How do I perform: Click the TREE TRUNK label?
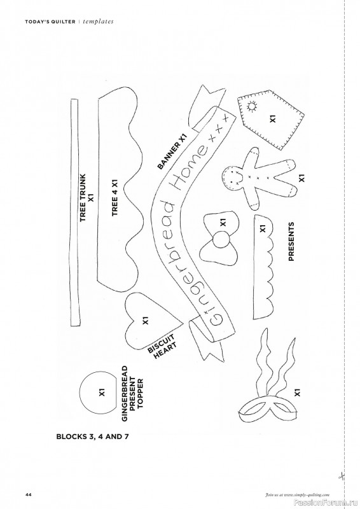(83, 198)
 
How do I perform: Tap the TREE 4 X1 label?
(114, 198)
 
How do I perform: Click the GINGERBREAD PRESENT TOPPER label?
(132, 394)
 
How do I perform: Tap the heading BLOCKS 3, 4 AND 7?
(92, 436)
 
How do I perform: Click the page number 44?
(28, 495)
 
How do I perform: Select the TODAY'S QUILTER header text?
(50, 22)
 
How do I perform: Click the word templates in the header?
(98, 22)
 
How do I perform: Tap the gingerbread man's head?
(232, 177)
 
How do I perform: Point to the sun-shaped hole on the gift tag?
(253, 106)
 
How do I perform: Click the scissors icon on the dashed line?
(342, 476)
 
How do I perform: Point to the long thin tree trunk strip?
(75, 212)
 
